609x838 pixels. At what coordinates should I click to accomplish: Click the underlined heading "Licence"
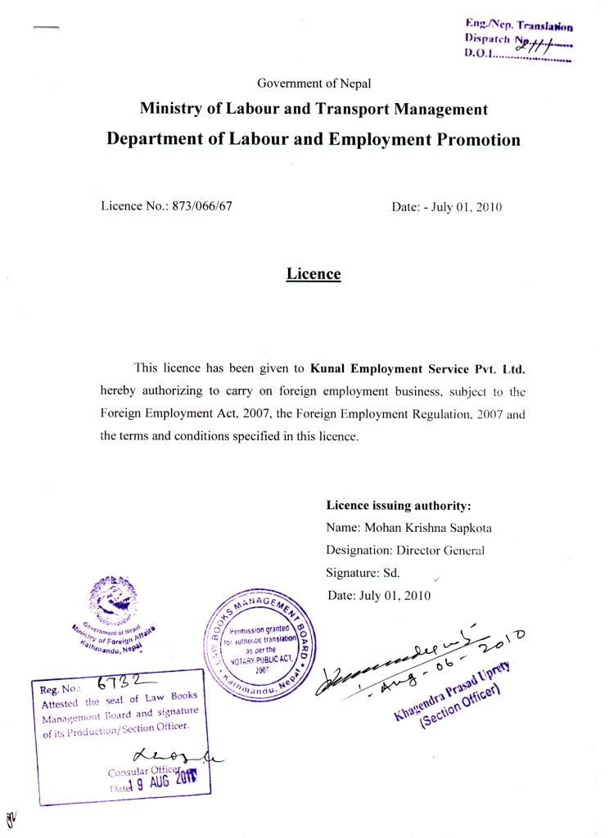click(313, 274)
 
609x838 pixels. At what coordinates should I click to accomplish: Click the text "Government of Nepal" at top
click(314, 83)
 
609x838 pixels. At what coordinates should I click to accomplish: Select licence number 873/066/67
click(201, 206)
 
